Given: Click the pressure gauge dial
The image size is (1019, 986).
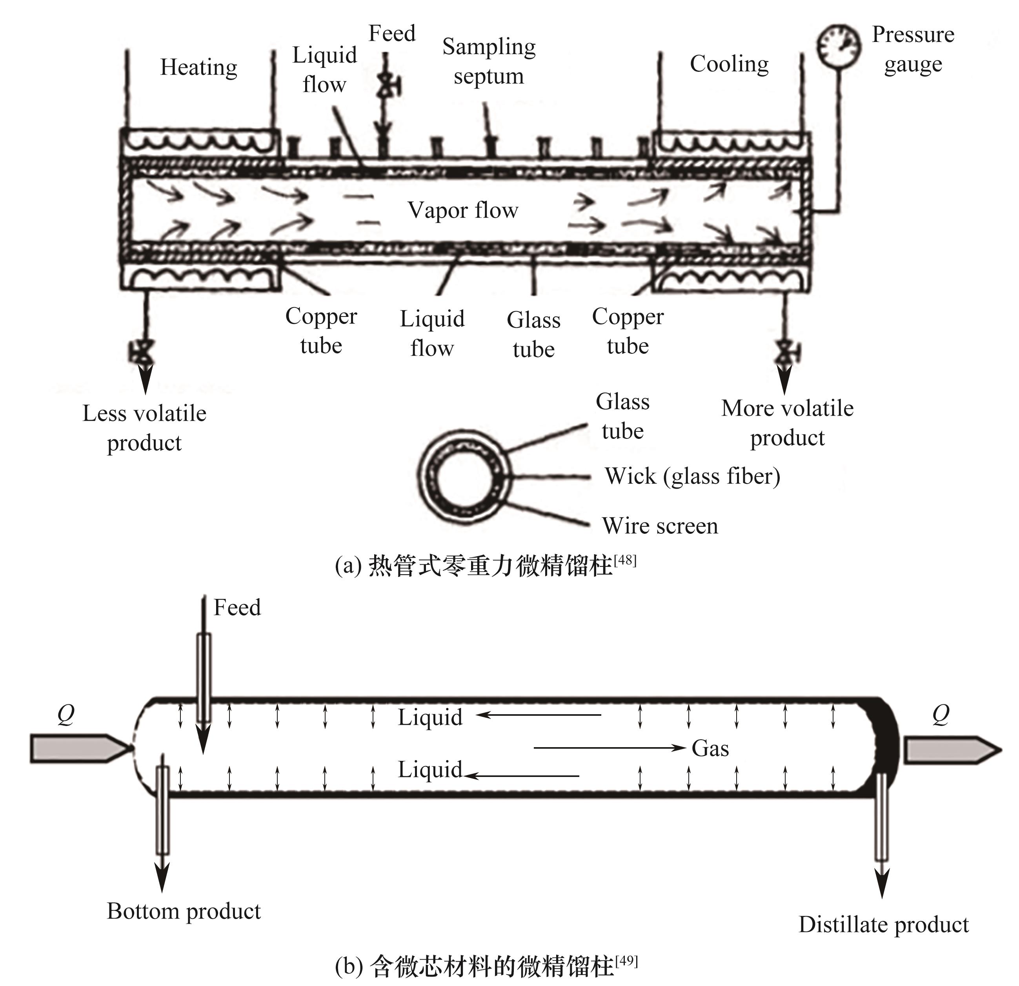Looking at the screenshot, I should click(x=838, y=46).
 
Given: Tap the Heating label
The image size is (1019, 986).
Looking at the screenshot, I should click(x=198, y=67).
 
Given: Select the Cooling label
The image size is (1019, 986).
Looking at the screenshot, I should click(x=729, y=64).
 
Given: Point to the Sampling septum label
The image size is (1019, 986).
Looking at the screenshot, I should click(x=489, y=61).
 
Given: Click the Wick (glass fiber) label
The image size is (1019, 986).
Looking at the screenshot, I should click(x=692, y=476).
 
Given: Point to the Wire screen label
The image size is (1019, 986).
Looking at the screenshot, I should click(x=660, y=526).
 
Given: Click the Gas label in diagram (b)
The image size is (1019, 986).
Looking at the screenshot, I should click(x=710, y=748).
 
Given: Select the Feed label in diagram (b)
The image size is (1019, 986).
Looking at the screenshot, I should click(x=237, y=607).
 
